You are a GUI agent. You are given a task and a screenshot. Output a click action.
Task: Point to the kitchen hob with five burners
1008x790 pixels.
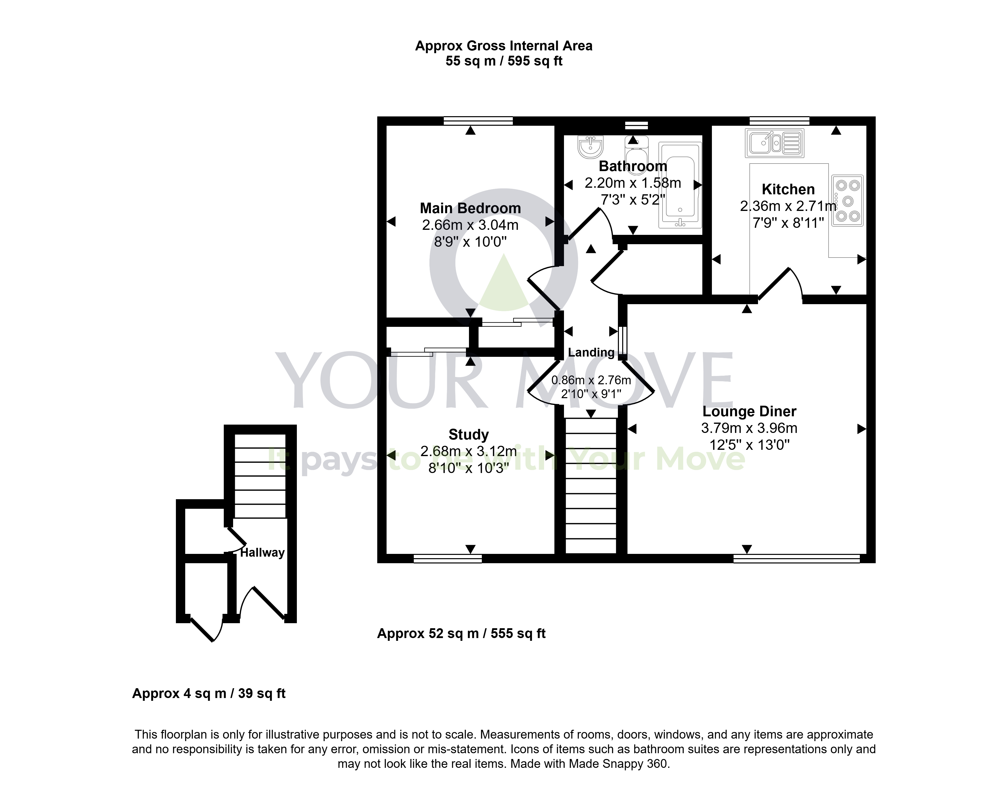pos(847,200)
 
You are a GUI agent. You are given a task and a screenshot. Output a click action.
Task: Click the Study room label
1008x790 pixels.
pos(469,434)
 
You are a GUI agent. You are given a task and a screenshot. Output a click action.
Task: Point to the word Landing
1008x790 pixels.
pos(591,353)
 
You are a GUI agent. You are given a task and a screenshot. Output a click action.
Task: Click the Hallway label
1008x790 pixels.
pos(262,552)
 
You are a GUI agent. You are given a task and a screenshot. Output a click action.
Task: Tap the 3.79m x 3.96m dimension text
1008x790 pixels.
pos(749,428)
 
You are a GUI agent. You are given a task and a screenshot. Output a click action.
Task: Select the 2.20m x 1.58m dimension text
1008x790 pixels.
pos(633,183)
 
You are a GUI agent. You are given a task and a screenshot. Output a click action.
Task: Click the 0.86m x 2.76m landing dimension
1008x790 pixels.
pos(591,380)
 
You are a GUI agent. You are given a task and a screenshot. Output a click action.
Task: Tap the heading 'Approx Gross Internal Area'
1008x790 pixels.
pos(504,46)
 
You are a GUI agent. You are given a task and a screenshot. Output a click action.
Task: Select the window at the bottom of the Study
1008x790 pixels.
pos(447,559)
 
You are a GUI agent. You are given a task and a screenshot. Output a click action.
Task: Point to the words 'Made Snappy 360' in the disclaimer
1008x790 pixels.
pos(618,764)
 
